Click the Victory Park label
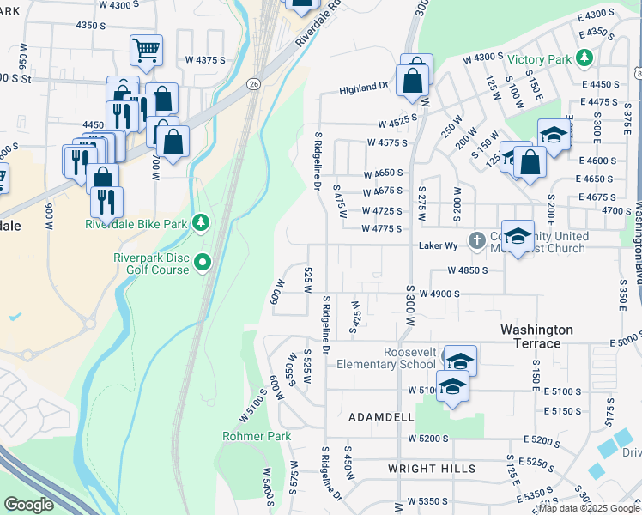point(540,59)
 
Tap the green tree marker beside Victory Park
point(584,58)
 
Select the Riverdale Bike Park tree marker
point(201,224)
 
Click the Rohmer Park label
point(257,436)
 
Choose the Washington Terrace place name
point(536,336)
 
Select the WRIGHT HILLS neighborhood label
point(431,469)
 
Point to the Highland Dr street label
point(364,88)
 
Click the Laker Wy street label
point(435,245)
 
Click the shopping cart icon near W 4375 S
point(146,50)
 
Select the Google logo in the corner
point(28,505)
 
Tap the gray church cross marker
point(478,239)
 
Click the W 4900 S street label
point(439,293)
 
